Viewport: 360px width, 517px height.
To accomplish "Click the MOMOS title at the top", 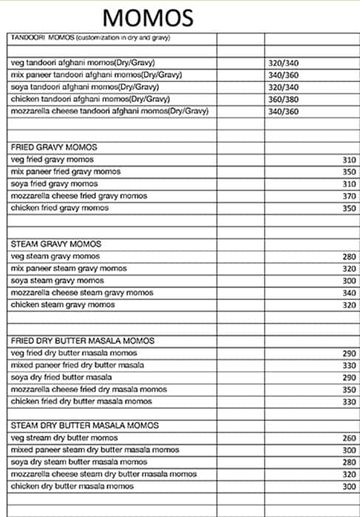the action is point(148,16).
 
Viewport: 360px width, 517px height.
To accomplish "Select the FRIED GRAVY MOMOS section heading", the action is point(54,148).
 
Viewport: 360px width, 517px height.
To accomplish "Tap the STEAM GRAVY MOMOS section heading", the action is point(55,244).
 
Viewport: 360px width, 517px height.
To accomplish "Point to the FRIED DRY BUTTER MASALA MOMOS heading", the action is point(83,340).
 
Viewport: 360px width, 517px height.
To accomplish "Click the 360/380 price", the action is point(284,99).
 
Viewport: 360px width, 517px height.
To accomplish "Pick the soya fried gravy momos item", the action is point(54,183).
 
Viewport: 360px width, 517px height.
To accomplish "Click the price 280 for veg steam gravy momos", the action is point(349,256).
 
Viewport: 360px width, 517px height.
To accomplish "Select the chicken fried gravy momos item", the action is point(60,208).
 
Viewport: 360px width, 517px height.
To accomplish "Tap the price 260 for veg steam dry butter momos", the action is point(349,437).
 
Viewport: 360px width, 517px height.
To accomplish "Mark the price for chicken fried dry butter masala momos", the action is point(349,401).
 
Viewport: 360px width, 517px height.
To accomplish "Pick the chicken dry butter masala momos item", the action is point(72,486).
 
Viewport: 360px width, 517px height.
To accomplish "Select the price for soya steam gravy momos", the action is point(349,281).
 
